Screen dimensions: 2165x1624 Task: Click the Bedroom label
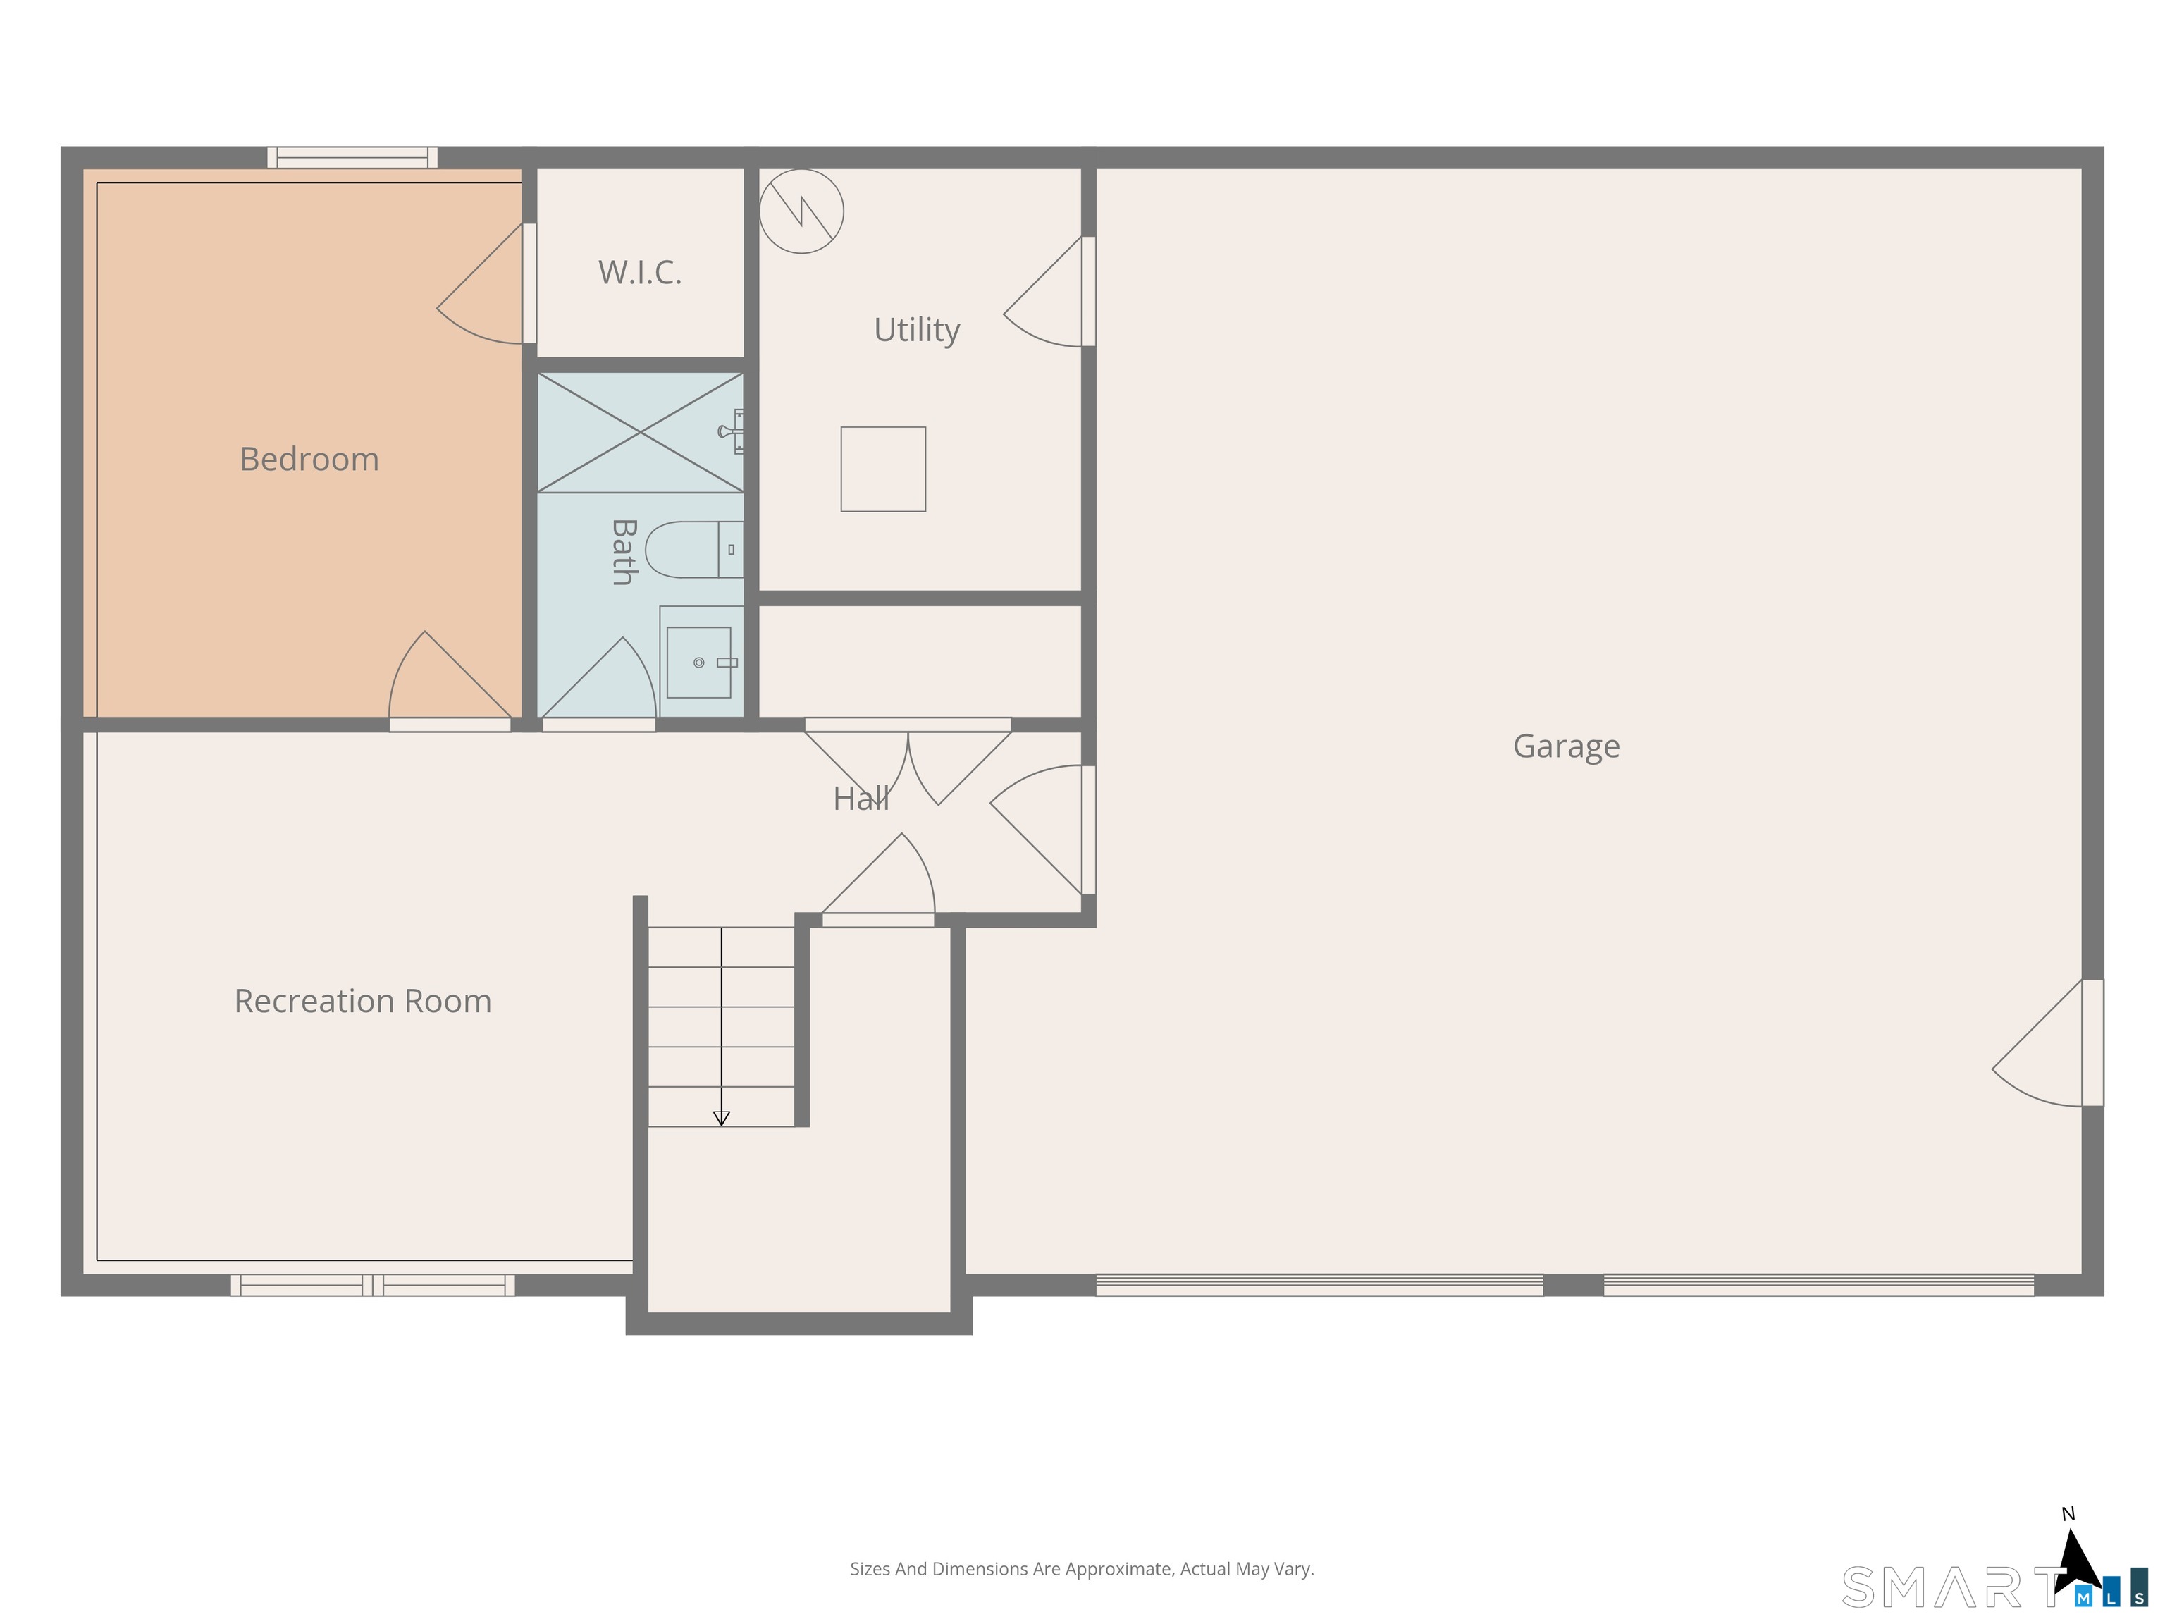coord(309,459)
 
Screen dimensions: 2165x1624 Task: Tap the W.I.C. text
coord(640,272)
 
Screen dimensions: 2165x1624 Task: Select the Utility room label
coord(917,330)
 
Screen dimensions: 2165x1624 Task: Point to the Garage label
coord(1566,746)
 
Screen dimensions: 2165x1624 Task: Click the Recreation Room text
coord(363,1000)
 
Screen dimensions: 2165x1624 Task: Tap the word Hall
coord(861,799)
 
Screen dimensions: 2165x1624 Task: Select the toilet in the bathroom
coord(694,549)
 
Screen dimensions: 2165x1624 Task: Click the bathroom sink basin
coord(699,663)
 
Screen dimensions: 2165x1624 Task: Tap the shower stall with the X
coord(640,431)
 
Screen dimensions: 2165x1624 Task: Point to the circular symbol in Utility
coord(801,211)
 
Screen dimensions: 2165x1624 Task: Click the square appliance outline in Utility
coord(883,469)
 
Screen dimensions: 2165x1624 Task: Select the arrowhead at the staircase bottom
coord(722,1118)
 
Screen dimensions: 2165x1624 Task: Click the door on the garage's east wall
coord(2047,1043)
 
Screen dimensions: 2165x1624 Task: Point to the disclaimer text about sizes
coord(1082,1569)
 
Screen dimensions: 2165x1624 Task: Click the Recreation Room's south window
coord(373,1285)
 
